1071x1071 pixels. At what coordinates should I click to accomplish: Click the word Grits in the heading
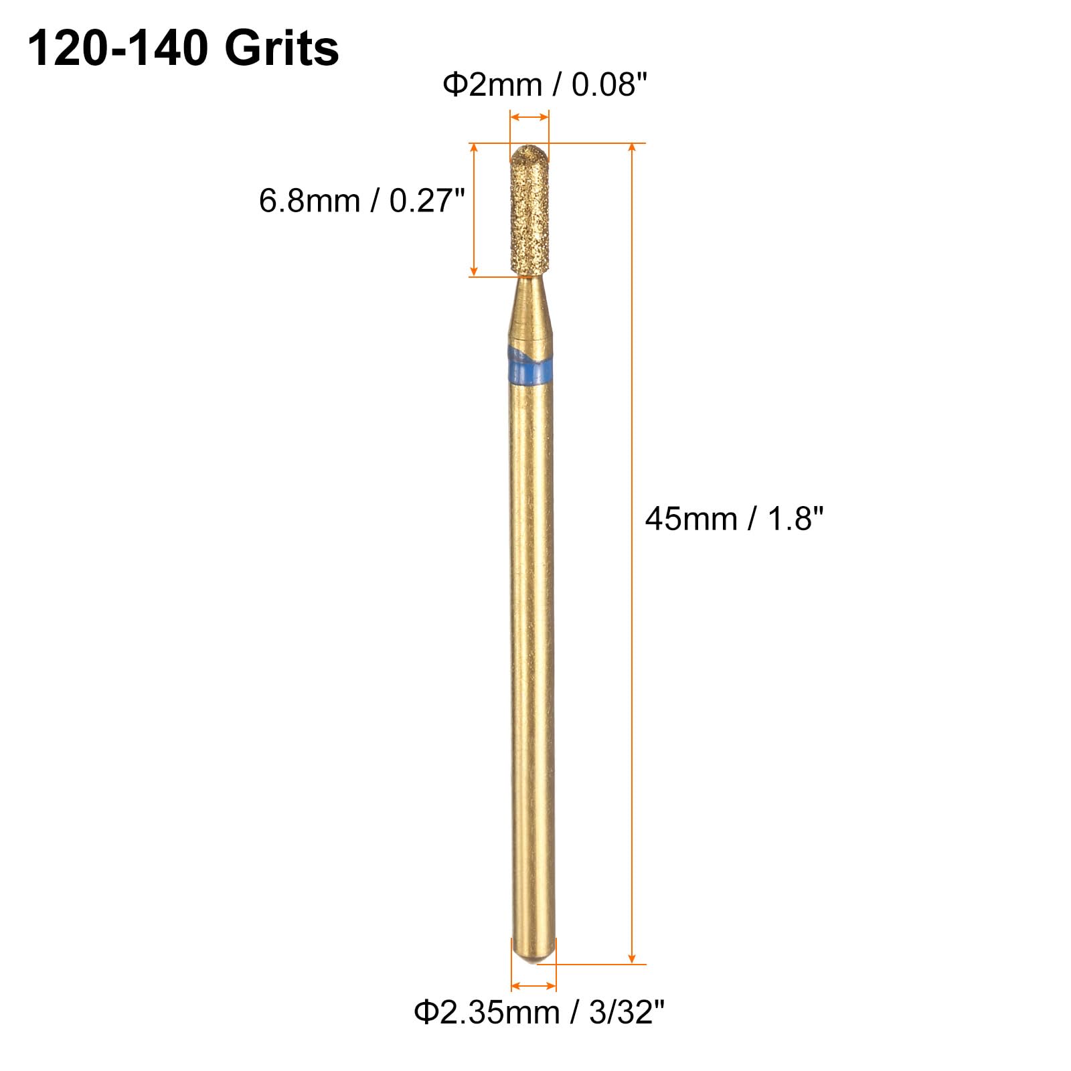(x=282, y=50)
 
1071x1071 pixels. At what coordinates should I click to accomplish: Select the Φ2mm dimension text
(x=492, y=85)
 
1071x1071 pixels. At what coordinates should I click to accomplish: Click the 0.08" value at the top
(x=610, y=85)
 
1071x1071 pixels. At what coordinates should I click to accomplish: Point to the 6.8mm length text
(x=309, y=201)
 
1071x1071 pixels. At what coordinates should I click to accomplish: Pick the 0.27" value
(x=427, y=201)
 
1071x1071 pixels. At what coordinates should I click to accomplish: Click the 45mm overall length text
(x=691, y=519)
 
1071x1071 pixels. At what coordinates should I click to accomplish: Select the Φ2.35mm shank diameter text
(x=487, y=1012)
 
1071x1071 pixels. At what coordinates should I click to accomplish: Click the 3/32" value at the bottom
(x=627, y=1012)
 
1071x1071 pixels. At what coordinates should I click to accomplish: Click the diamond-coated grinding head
(x=529, y=211)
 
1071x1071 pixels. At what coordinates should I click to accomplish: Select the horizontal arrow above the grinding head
(x=529, y=118)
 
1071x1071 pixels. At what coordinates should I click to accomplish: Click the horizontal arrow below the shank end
(x=533, y=986)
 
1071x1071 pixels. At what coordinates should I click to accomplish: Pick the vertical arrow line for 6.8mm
(x=474, y=210)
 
